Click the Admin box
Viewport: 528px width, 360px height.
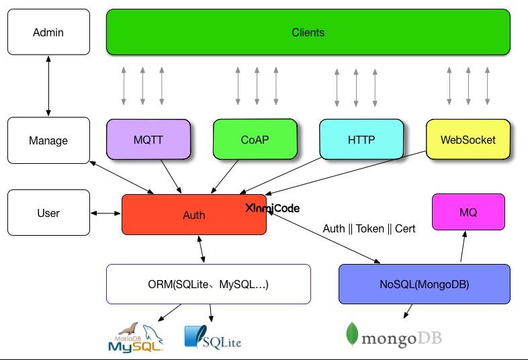[x=48, y=32]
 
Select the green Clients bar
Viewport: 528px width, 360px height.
[x=308, y=32]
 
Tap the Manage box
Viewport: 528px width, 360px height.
[x=48, y=140]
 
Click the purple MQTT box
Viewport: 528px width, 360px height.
[x=148, y=140]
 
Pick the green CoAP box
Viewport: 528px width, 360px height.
[x=255, y=140]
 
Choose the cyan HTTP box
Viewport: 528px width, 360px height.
[x=361, y=140]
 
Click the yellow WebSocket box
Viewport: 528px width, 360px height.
[x=468, y=140]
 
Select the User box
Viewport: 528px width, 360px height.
[x=48, y=213]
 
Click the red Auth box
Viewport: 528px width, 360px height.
[x=193, y=215]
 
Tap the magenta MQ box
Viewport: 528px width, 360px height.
[x=468, y=212]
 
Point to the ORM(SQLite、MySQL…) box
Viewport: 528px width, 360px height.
[x=208, y=284]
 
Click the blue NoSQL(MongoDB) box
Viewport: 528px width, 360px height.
[x=424, y=284]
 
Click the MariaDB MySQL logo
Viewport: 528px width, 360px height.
[x=136, y=338]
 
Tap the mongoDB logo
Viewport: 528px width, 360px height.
[x=393, y=336]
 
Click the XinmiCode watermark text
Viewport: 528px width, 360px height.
[x=272, y=208]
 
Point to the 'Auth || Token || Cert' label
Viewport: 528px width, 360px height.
[x=369, y=228]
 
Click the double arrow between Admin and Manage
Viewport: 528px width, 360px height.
[x=48, y=86]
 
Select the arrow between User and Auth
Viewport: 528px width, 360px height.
[x=105, y=213]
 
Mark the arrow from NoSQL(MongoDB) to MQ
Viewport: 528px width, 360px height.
[x=462, y=246]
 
